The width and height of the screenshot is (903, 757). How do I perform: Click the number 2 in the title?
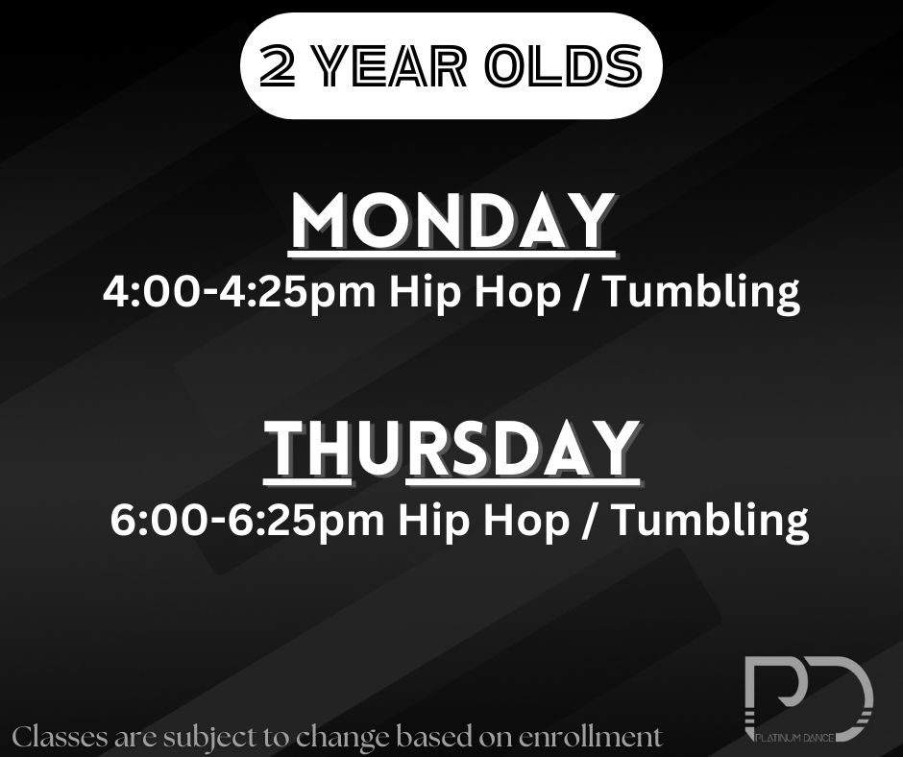pos(278,66)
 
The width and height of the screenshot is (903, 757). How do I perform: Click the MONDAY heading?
pos(452,221)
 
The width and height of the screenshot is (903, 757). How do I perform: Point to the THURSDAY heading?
pos(452,449)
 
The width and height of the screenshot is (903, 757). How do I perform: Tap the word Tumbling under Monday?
pos(702,292)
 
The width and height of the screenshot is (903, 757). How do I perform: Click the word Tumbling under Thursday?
pos(710,521)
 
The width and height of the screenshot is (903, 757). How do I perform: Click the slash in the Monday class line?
pos(582,291)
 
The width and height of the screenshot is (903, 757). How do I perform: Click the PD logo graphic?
pos(809,698)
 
